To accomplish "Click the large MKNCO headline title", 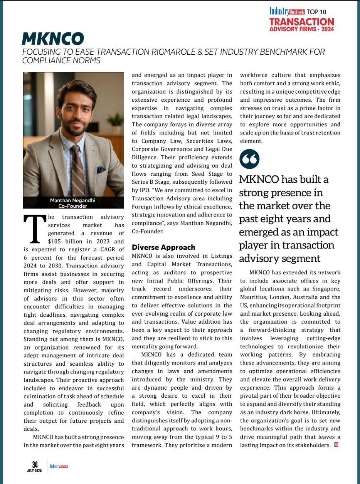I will click(53, 39).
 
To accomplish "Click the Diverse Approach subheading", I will click(163, 247).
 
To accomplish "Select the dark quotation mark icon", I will click(250, 159).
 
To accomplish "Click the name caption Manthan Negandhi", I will click(73, 200).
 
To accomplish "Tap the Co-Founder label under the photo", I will click(73, 206).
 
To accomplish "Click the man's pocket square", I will click(101, 169).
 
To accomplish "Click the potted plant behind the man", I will click(115, 121).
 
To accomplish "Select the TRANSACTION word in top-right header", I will click(301, 22).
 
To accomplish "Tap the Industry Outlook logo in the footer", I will click(59, 466).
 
